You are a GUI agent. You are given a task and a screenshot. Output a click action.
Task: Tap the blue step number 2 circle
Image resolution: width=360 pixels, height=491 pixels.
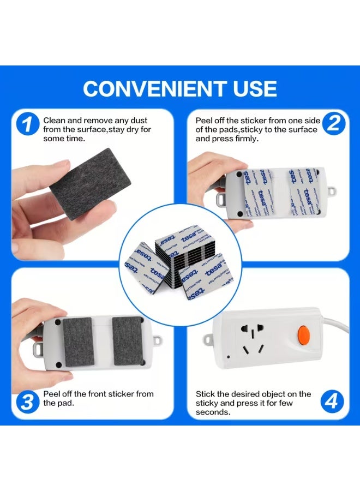point(333,124)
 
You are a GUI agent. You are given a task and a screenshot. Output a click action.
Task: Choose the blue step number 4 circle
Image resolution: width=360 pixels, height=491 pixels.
point(333,403)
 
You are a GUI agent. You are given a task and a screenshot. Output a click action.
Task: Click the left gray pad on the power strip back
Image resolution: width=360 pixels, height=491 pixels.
point(80,341)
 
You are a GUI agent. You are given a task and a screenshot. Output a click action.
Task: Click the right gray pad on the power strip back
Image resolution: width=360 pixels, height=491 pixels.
point(127,341)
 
